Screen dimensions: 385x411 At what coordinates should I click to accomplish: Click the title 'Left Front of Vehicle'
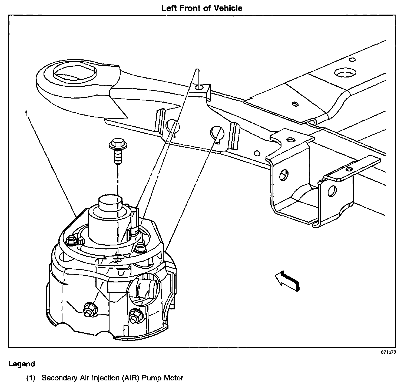pyautogui.click(x=202, y=8)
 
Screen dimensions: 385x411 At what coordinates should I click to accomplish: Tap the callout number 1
pyautogui.click(x=26, y=114)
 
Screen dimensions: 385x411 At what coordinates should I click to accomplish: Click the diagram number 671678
pyautogui.click(x=389, y=352)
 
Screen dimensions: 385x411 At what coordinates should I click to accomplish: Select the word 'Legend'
pyautogui.click(x=22, y=364)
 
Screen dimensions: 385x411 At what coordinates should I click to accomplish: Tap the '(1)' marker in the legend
pyautogui.click(x=31, y=378)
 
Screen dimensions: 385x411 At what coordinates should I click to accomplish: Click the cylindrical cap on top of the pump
pyautogui.click(x=110, y=203)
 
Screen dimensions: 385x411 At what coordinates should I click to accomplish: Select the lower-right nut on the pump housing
pyautogui.click(x=134, y=314)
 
